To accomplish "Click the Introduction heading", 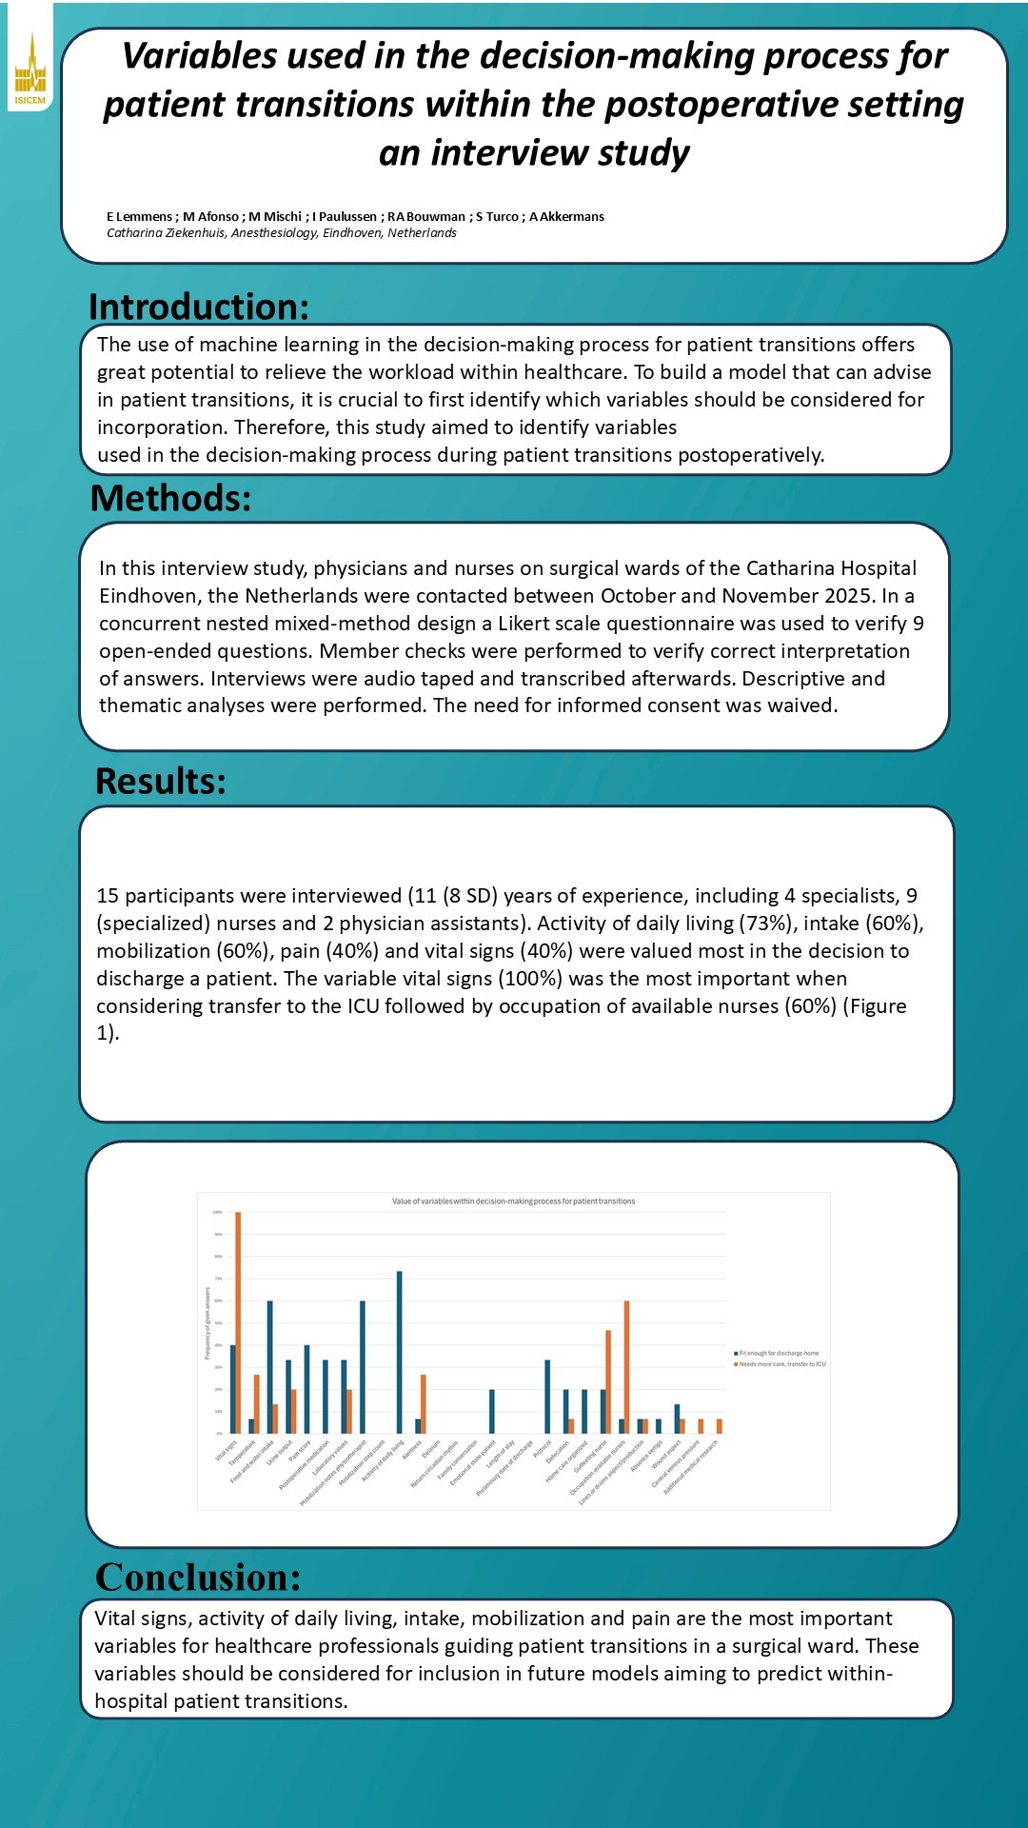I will [x=199, y=308].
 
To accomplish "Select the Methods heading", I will [x=170, y=499].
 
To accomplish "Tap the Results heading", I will [x=161, y=782].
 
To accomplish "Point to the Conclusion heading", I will [x=198, y=1578].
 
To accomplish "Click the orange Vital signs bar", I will [x=238, y=1323].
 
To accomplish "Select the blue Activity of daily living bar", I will [x=400, y=1352].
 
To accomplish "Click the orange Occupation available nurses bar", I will [x=626, y=1367].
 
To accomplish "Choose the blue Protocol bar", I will [x=547, y=1397].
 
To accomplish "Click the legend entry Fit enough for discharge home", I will [x=778, y=1353].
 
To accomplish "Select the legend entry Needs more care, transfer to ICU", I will [x=781, y=1364].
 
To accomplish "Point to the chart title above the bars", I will [x=513, y=1202].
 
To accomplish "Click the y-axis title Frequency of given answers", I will [x=208, y=1323].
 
